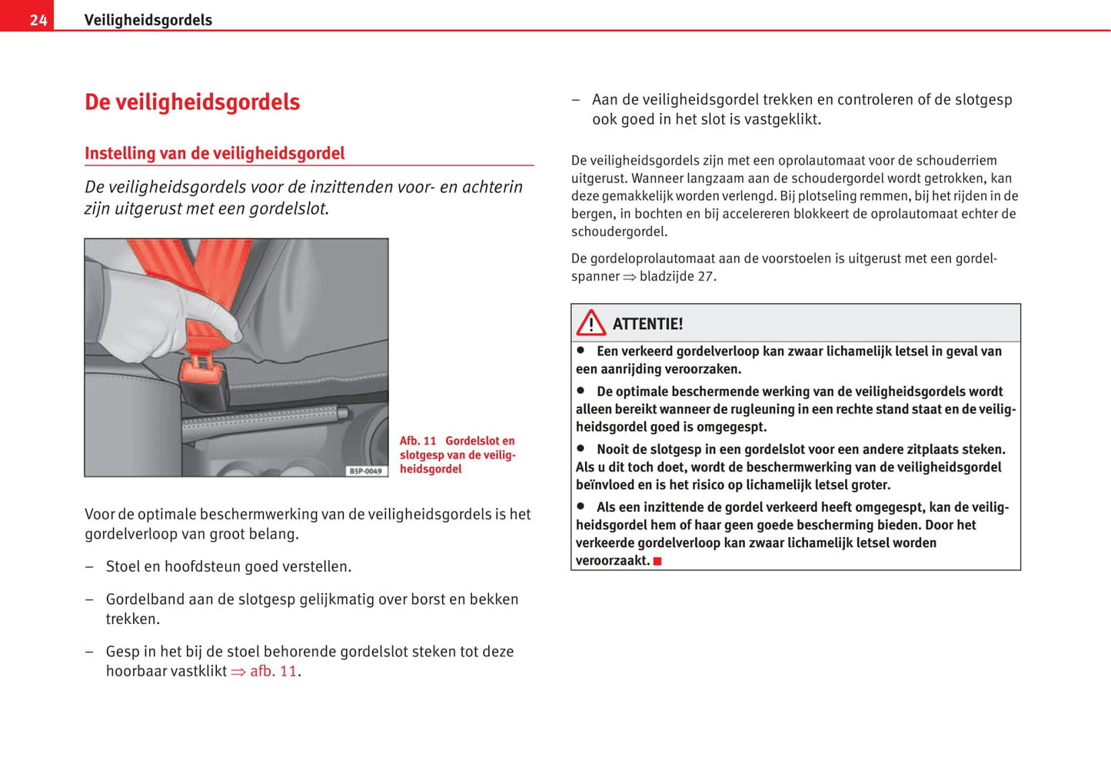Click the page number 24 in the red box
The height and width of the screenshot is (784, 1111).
(38, 20)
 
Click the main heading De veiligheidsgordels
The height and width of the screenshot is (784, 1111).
(192, 102)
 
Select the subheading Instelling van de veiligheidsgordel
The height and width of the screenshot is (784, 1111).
(215, 153)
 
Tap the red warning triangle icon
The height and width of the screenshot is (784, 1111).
(591, 323)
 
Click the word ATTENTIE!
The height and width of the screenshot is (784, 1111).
(647, 324)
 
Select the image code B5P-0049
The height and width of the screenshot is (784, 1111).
(366, 471)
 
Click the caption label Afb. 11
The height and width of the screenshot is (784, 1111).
(417, 441)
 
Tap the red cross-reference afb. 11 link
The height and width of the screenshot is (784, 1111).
(272, 671)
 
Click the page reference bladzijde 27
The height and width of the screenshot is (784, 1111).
(677, 276)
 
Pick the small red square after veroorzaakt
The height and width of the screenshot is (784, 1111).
(657, 562)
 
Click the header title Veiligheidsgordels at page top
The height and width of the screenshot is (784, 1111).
(148, 20)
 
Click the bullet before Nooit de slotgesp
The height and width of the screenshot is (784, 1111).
(581, 448)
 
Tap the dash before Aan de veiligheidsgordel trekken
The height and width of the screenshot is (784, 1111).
(576, 100)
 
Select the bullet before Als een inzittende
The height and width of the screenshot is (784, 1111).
(581, 506)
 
